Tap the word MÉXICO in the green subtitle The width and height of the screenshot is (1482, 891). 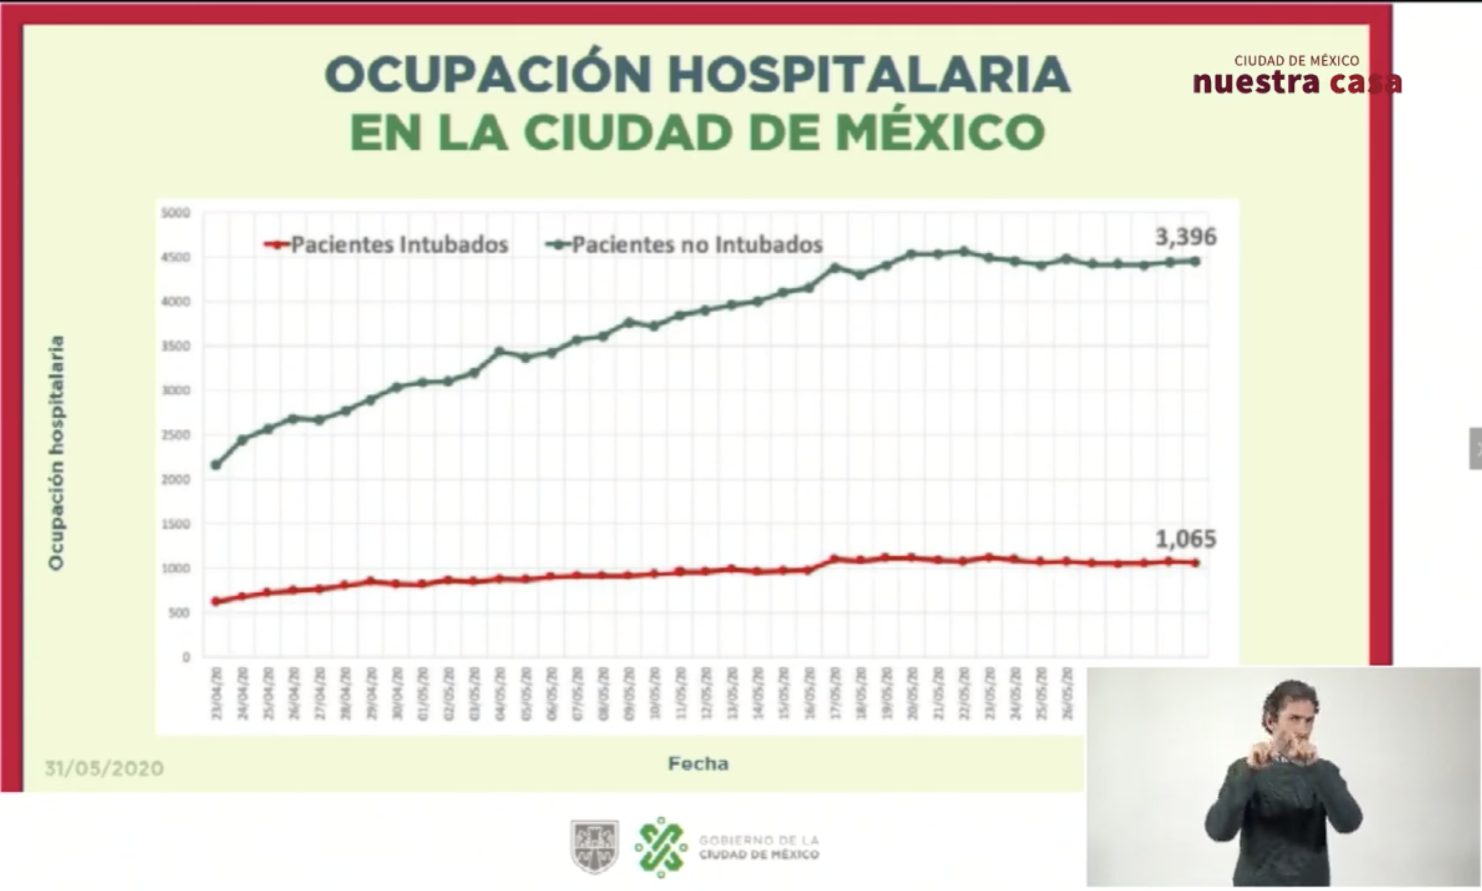point(940,132)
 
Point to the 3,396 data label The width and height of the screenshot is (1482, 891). point(1185,237)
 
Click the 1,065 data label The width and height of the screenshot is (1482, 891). point(1185,539)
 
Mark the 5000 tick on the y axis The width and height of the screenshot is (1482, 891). point(175,213)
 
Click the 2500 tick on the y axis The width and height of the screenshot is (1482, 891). point(175,435)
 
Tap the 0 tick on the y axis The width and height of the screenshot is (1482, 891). point(186,657)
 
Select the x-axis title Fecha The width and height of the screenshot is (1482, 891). point(698,764)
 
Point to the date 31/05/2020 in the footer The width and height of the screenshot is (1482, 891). point(104,769)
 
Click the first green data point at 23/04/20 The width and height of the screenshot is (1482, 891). point(216,464)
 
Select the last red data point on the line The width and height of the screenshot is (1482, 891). point(1195,563)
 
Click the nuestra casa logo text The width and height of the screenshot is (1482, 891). point(1296,82)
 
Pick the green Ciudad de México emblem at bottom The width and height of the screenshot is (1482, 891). point(661,847)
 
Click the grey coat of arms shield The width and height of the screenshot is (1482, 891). point(594,846)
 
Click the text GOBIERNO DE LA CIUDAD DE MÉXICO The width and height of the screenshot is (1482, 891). point(758,847)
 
